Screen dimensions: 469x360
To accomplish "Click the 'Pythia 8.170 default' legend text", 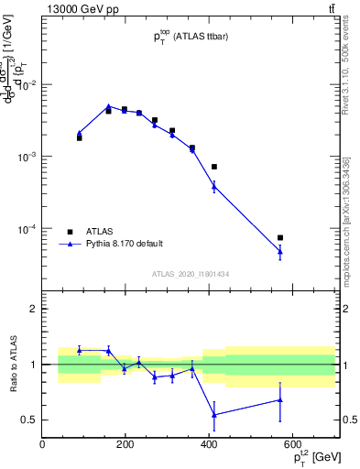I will coord(125,244).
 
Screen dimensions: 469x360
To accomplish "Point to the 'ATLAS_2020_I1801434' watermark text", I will coord(190,274).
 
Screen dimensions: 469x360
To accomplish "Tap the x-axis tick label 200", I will coord(125,444).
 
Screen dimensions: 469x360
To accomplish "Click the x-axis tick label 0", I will coord(42,444).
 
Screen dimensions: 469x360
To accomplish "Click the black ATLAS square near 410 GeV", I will coord(213,167).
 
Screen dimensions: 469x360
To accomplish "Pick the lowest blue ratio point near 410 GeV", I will coord(213,415).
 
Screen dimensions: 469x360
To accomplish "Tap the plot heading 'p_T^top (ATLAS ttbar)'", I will coord(190,37).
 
